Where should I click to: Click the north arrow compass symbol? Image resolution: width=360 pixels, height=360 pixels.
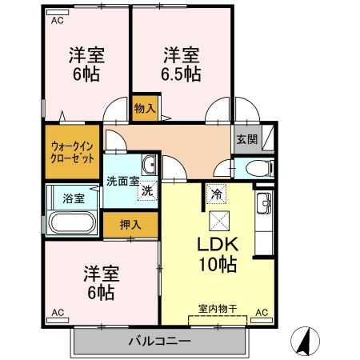pyautogui.click(x=305, y=341)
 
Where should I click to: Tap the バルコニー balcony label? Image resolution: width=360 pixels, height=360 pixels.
pyautogui.click(x=160, y=341)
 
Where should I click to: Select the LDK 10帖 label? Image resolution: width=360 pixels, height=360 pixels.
pyautogui.click(x=218, y=254)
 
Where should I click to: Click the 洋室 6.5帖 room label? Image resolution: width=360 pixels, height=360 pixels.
pyautogui.click(x=182, y=64)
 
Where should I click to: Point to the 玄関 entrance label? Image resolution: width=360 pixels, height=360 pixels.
pyautogui.click(x=247, y=139)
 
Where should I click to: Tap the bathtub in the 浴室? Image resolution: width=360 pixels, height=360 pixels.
pyautogui.click(x=72, y=222)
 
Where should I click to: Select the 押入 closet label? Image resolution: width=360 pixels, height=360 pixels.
pyautogui.click(x=130, y=225)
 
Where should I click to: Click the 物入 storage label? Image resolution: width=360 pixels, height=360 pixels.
pyautogui.click(x=145, y=109)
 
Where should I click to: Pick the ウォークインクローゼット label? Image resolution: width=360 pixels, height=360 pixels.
pyautogui.click(x=72, y=152)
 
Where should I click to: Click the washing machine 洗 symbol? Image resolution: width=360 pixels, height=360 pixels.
pyautogui.click(x=147, y=190)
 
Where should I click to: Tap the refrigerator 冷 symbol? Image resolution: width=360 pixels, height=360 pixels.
pyautogui.click(x=216, y=194)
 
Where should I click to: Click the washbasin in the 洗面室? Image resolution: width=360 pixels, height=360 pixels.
pyautogui.click(x=149, y=165)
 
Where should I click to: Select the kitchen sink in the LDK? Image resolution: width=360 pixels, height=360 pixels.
pyautogui.click(x=264, y=203)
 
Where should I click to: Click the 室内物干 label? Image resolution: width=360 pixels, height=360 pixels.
pyautogui.click(x=218, y=309)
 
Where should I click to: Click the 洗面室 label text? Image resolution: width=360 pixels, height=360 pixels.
pyautogui.click(x=123, y=182)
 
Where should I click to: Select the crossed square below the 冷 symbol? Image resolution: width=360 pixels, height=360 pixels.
pyautogui.click(x=219, y=221)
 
